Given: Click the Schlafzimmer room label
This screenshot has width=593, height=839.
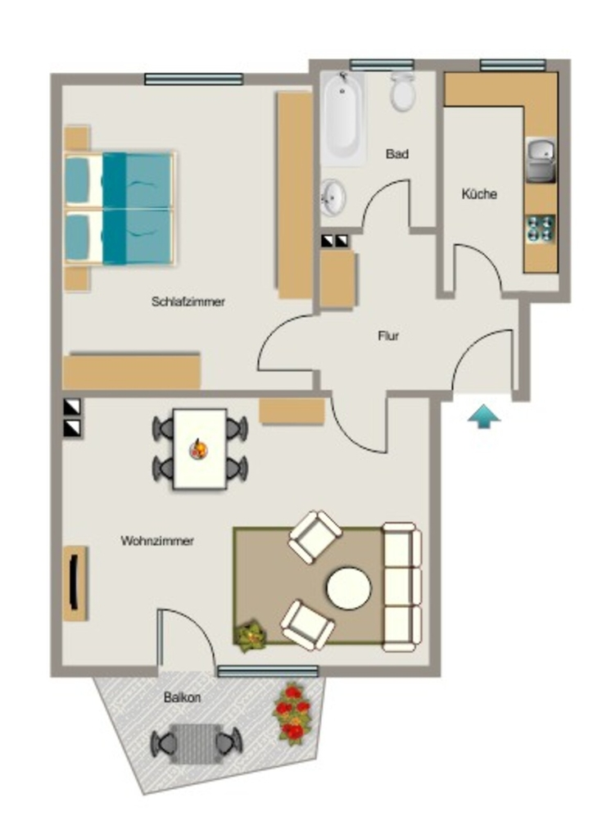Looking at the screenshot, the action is click(x=188, y=302).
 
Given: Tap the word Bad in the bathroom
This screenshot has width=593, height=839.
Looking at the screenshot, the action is click(x=397, y=154).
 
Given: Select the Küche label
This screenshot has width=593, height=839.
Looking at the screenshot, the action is click(x=479, y=193).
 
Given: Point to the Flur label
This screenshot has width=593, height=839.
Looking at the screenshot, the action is click(x=389, y=336).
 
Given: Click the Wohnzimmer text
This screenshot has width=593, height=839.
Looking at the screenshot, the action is click(x=157, y=541).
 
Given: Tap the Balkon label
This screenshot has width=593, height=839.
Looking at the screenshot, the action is click(x=183, y=698).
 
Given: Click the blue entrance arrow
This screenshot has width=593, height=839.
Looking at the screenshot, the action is click(x=484, y=416).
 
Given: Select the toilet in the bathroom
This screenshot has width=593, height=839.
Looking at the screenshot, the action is click(x=403, y=92).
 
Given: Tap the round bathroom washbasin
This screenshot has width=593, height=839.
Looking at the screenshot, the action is click(x=333, y=197).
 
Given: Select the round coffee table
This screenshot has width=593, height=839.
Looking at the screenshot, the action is click(x=349, y=588).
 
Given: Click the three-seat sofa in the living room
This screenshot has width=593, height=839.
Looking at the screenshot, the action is click(x=402, y=587).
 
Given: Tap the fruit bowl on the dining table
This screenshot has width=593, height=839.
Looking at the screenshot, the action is click(x=199, y=449).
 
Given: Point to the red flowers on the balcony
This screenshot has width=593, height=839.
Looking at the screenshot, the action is click(x=292, y=714).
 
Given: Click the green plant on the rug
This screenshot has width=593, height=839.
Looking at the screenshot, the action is click(x=251, y=636).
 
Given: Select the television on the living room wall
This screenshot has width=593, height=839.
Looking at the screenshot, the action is click(x=74, y=583).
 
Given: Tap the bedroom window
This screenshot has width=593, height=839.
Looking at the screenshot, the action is click(x=193, y=79).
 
